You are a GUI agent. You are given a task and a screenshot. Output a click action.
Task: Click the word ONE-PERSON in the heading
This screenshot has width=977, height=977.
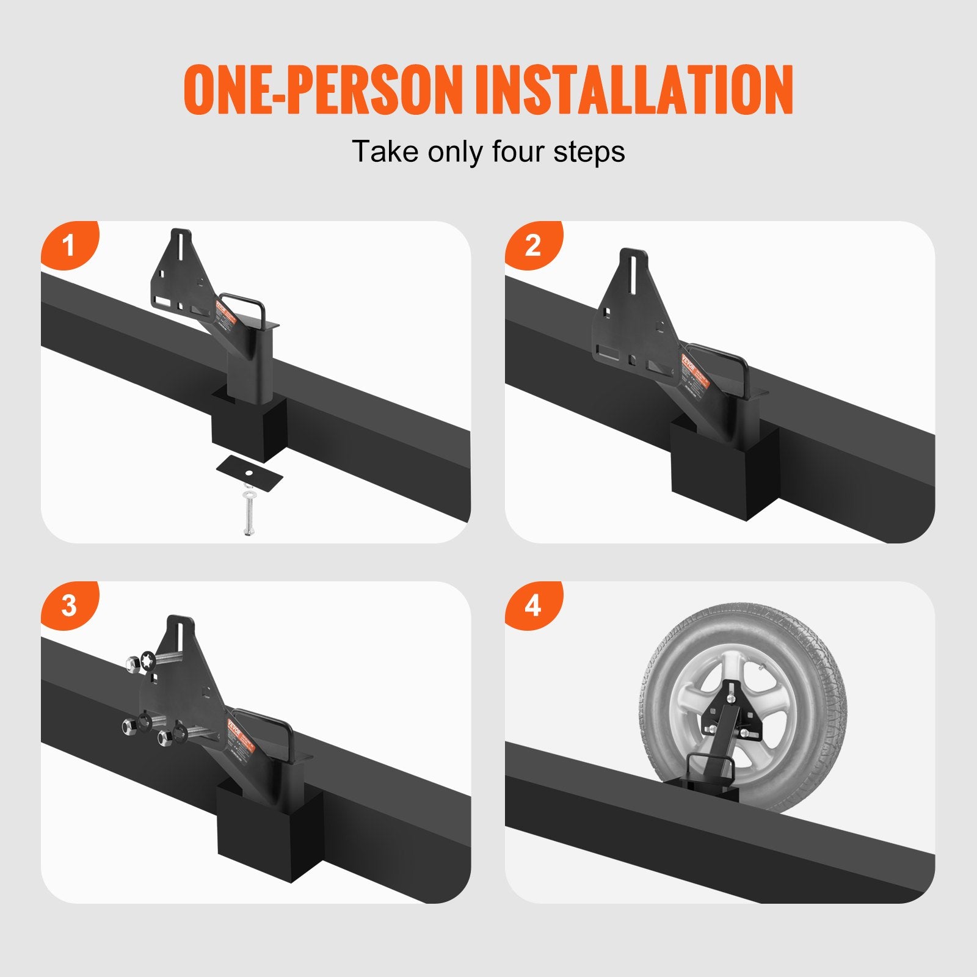pyautogui.click(x=321, y=90)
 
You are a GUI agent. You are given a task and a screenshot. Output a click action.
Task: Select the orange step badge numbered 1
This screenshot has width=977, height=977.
pyautogui.click(x=68, y=245)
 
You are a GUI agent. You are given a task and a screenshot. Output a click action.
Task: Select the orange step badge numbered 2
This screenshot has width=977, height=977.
pyautogui.click(x=532, y=245)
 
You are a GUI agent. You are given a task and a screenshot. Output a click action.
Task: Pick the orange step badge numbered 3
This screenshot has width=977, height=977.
pyautogui.click(x=68, y=606)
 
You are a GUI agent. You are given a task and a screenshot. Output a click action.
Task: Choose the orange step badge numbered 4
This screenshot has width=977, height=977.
pyautogui.click(x=532, y=606)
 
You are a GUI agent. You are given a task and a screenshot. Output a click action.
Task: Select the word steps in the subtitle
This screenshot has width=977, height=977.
pyautogui.click(x=589, y=151)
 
